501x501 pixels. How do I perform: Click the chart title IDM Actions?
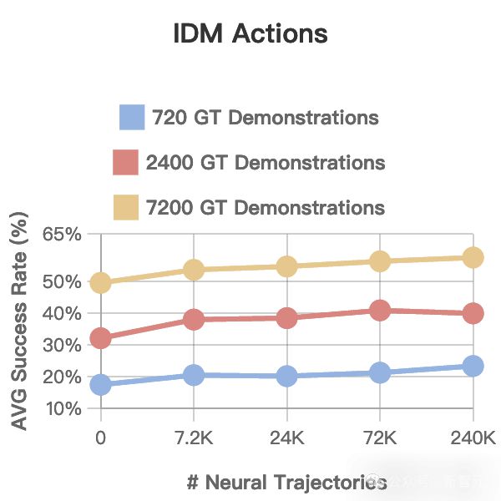(250, 34)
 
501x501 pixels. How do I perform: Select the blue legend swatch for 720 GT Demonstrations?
(133, 117)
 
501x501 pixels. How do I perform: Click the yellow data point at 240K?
(473, 257)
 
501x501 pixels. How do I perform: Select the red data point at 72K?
(380, 311)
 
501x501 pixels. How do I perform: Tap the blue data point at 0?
(101, 384)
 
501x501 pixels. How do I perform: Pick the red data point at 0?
(101, 338)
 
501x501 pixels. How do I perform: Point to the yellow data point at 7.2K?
(194, 270)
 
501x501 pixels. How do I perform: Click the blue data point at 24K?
(287, 376)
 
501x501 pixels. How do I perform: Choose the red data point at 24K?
(287, 318)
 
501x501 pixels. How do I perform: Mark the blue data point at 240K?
(473, 366)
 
